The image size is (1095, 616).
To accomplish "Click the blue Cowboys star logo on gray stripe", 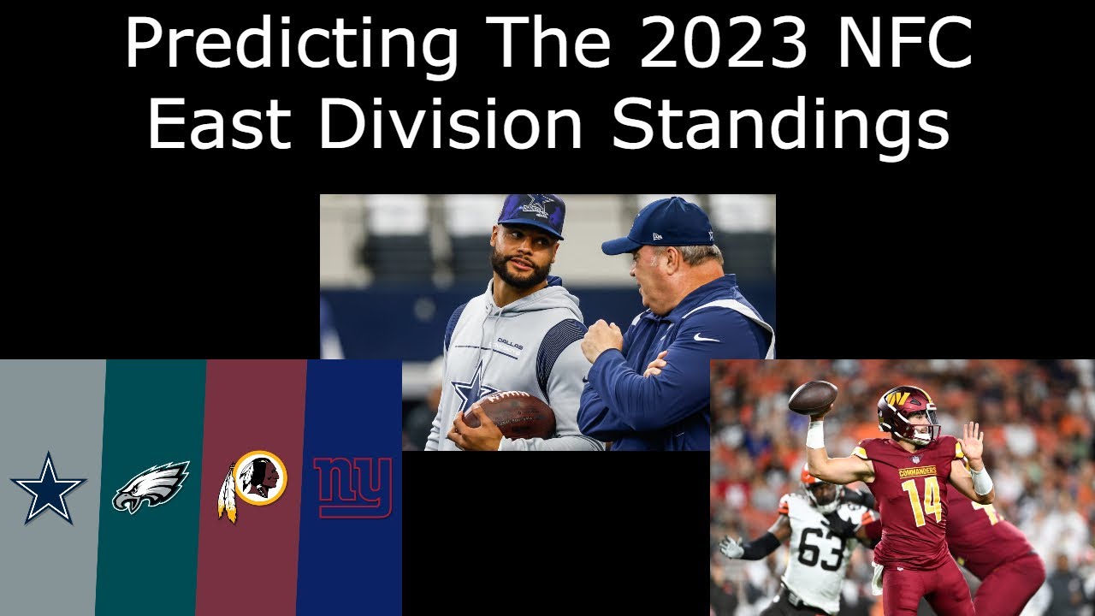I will tap(48, 488).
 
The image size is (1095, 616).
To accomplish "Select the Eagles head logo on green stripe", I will tap(151, 485).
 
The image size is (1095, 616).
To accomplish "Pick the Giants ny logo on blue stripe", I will tap(352, 487).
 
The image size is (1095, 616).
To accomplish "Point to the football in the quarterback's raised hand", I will tap(813, 398).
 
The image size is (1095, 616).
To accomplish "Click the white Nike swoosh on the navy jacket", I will tap(707, 338).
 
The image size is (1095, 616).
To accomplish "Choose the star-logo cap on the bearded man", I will tap(531, 214).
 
